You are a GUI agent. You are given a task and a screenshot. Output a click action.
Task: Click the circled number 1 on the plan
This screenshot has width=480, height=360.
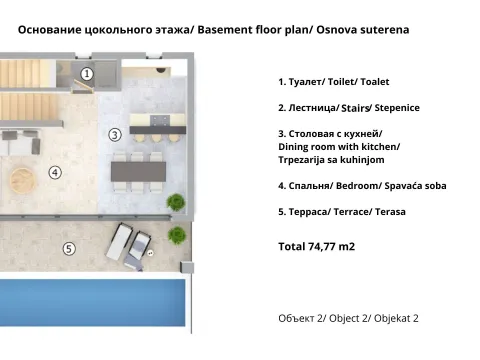(x=87, y=73)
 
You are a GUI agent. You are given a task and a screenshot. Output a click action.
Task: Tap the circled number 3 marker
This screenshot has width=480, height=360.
(x=115, y=134)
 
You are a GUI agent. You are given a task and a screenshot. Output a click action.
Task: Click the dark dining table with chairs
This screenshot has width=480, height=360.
(x=139, y=171)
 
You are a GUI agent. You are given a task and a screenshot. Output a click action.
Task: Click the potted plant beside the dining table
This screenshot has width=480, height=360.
(x=176, y=202)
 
